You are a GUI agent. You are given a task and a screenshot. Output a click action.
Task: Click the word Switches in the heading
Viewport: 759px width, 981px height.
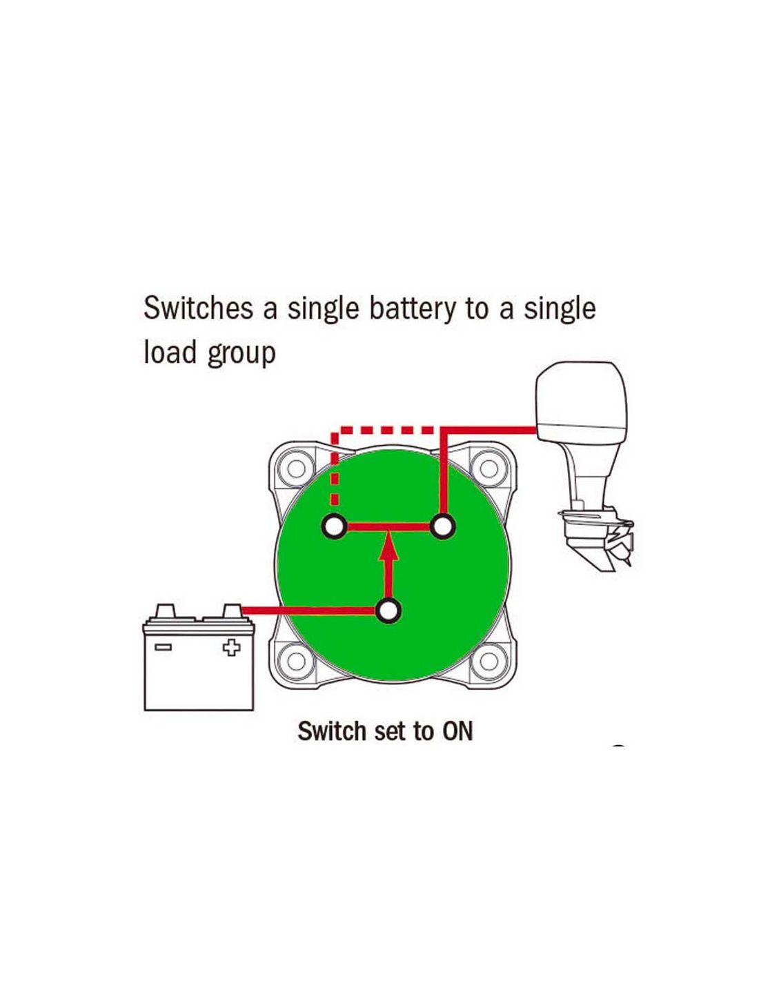pos(198,308)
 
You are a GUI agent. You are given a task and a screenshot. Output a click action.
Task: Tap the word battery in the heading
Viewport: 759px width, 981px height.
pos(412,308)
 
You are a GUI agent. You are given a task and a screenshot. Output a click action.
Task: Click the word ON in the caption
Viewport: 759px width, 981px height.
pos(457,731)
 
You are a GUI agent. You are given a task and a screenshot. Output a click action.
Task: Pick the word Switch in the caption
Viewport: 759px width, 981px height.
pos(331,731)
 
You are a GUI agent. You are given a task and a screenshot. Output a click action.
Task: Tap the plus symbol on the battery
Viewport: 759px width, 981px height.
pos(231,648)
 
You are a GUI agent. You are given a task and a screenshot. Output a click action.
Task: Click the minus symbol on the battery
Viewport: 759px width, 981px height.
pos(164,647)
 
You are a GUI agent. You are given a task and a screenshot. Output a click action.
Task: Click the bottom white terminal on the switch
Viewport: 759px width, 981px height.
pos(388,611)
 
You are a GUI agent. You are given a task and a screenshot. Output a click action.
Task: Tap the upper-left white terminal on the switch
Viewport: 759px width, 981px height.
pos(335,527)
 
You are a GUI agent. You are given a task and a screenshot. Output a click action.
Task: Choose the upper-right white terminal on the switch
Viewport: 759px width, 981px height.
pos(442,527)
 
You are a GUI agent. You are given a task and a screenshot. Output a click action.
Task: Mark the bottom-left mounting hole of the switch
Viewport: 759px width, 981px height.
pos(296,660)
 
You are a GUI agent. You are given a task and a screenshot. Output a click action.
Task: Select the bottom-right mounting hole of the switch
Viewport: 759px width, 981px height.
pos(489,660)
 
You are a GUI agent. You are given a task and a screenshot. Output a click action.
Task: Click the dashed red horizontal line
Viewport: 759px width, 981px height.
pos(386,430)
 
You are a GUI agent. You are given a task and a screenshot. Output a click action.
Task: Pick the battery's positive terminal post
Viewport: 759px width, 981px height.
pos(233,611)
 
